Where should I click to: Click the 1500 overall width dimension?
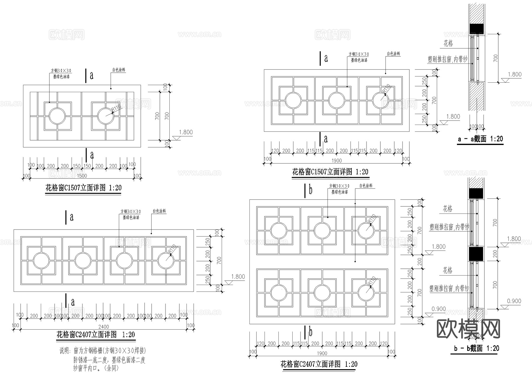82,176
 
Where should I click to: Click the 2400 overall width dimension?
103,327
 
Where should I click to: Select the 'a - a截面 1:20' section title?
480,139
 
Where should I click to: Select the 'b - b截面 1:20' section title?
476,348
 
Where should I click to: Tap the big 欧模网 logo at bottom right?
468,329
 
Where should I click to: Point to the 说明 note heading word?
64,351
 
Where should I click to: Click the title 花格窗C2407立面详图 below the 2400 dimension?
95,335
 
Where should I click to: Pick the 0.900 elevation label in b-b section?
514,301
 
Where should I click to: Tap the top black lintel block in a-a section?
477,28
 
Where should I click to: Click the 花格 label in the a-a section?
448,44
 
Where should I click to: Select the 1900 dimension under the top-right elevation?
336,161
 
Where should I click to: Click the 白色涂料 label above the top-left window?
119,70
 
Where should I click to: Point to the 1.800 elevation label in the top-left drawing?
186,132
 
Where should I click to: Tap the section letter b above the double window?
310,190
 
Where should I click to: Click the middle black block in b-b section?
476,254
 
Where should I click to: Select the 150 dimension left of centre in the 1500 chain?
77,166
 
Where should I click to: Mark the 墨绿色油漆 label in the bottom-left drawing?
131,218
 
